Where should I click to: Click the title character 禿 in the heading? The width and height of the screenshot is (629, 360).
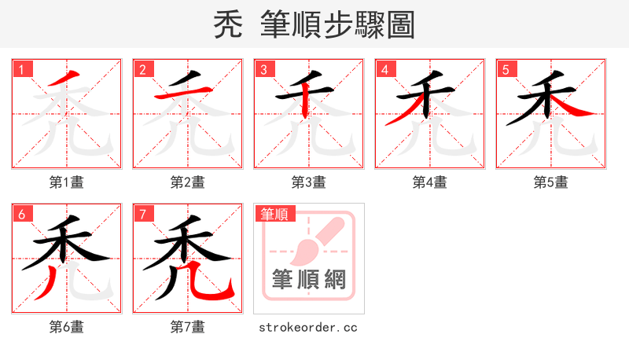(229, 25)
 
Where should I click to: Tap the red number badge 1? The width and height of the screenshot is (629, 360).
(21, 69)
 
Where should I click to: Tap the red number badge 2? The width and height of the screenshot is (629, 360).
(142, 69)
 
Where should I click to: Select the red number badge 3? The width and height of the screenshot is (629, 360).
(263, 69)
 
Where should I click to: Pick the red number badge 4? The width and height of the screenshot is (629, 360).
(384, 69)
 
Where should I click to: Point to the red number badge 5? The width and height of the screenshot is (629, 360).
(506, 69)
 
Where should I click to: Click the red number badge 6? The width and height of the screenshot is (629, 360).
(21, 214)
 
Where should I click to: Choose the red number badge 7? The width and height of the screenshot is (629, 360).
(142, 214)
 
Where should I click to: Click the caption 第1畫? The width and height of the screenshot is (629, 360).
(66, 182)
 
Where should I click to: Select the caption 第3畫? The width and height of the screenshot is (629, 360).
(308, 182)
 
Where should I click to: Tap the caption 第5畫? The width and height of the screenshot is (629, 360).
(550, 182)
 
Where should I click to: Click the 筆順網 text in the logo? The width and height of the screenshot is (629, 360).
(308, 280)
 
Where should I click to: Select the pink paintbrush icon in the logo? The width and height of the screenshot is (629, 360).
(314, 240)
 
